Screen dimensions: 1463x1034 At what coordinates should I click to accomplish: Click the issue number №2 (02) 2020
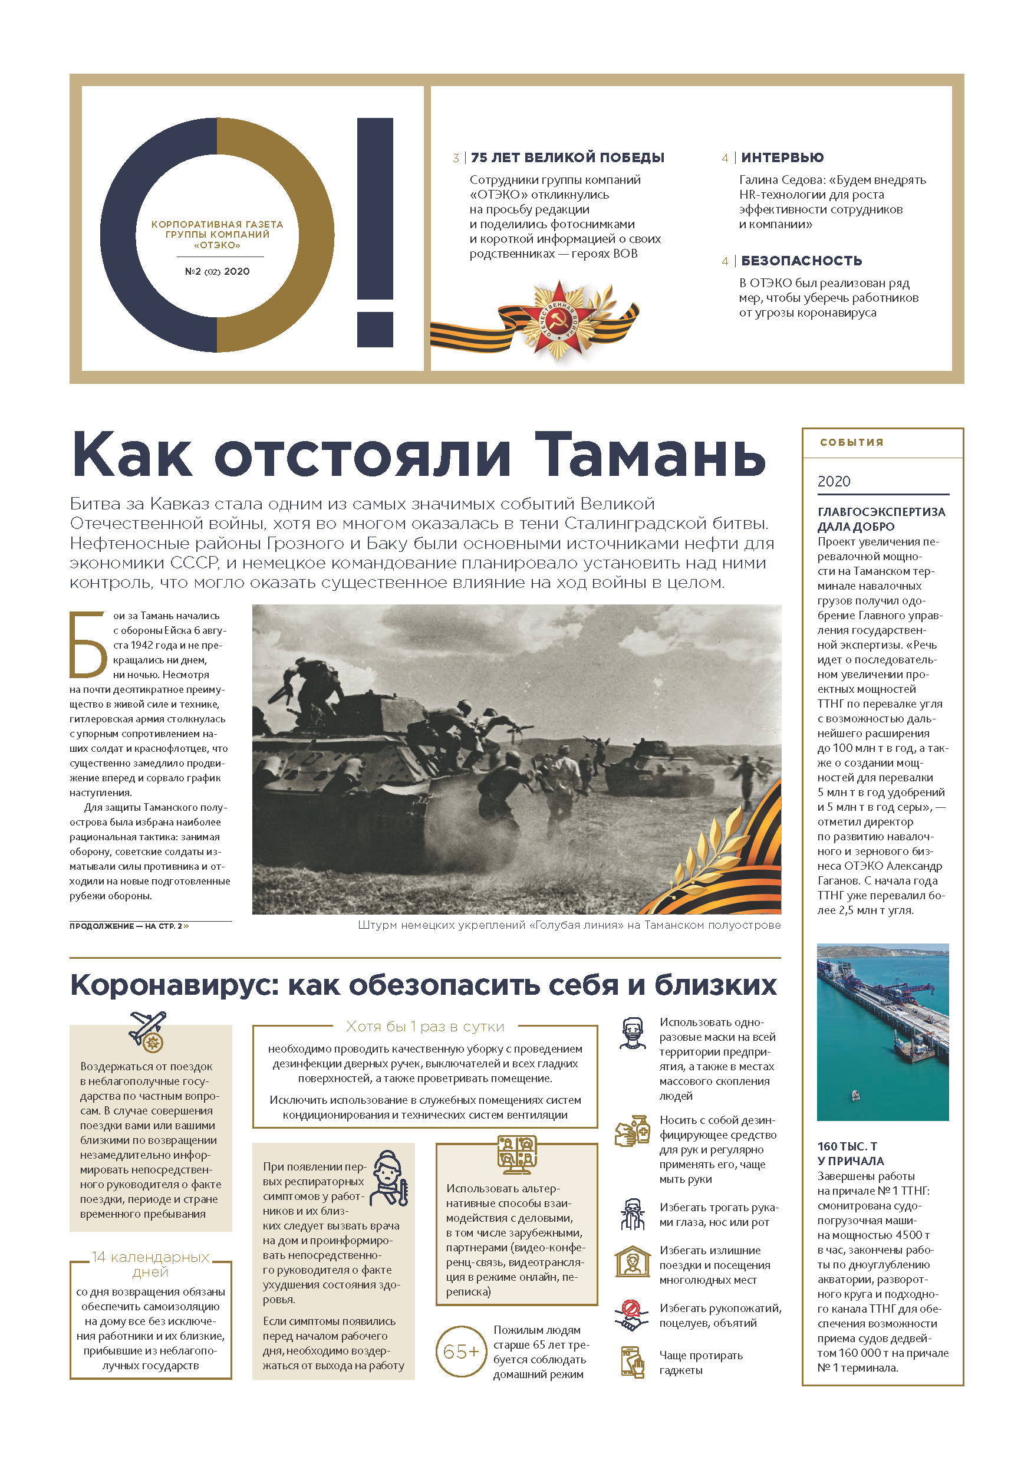pos(218,271)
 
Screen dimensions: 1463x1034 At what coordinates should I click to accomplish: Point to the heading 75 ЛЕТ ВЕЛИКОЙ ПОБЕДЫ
pos(567,157)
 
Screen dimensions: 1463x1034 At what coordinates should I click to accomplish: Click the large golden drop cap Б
pos(88,645)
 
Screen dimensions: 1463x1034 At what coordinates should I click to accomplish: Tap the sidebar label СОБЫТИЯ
pos(851,442)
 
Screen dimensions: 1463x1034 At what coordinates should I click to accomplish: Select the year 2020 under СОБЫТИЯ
pos(834,481)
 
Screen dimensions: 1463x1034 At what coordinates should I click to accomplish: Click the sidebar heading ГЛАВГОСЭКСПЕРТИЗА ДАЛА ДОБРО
pos(881,519)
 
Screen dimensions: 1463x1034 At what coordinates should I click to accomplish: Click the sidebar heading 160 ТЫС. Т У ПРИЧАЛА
pos(851,1153)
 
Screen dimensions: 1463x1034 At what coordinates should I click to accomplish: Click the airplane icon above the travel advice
pos(149,1030)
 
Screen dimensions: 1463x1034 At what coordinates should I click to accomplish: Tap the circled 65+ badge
pos(460,1352)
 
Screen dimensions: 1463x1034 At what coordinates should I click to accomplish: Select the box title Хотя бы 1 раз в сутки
pos(425,1027)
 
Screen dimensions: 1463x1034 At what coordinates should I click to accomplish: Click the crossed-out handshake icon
pos(631,1315)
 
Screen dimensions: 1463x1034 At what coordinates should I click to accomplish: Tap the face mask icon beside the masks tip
pos(632,1033)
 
